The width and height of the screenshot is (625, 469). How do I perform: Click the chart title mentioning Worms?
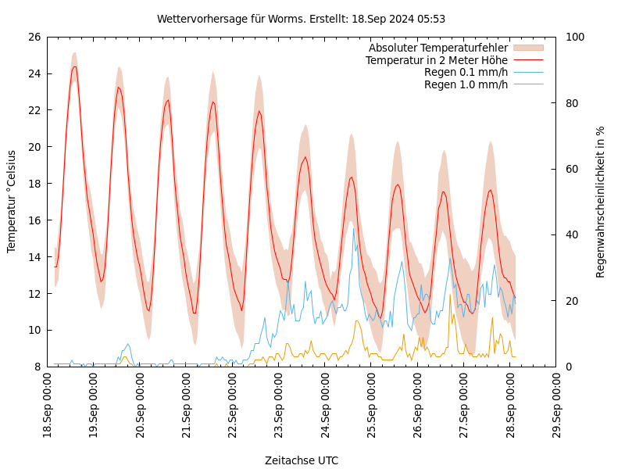(x=301, y=19)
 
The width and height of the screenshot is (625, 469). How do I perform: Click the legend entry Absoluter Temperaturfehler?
(x=437, y=48)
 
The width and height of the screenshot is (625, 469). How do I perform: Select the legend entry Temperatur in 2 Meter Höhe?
(x=436, y=60)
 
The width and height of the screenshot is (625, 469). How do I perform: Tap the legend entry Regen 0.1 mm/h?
(x=466, y=72)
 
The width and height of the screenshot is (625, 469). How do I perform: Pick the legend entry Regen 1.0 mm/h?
(x=466, y=84)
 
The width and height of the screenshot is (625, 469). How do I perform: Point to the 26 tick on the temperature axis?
(x=33, y=37)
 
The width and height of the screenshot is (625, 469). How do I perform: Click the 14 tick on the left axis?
(x=33, y=256)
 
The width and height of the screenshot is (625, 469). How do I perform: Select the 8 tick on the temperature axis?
(x=37, y=367)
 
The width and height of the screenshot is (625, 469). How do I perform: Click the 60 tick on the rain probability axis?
(x=572, y=169)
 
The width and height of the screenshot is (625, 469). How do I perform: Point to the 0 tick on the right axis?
(x=569, y=367)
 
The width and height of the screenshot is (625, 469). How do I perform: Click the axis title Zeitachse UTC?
(x=302, y=460)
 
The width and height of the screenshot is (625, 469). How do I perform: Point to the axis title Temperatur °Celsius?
(x=12, y=202)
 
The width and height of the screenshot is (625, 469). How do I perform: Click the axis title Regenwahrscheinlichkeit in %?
(x=601, y=202)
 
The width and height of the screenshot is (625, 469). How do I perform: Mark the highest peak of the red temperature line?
(x=75, y=66)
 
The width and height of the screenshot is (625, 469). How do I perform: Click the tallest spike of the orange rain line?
(x=450, y=295)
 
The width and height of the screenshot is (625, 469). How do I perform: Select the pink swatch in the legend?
(x=528, y=48)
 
